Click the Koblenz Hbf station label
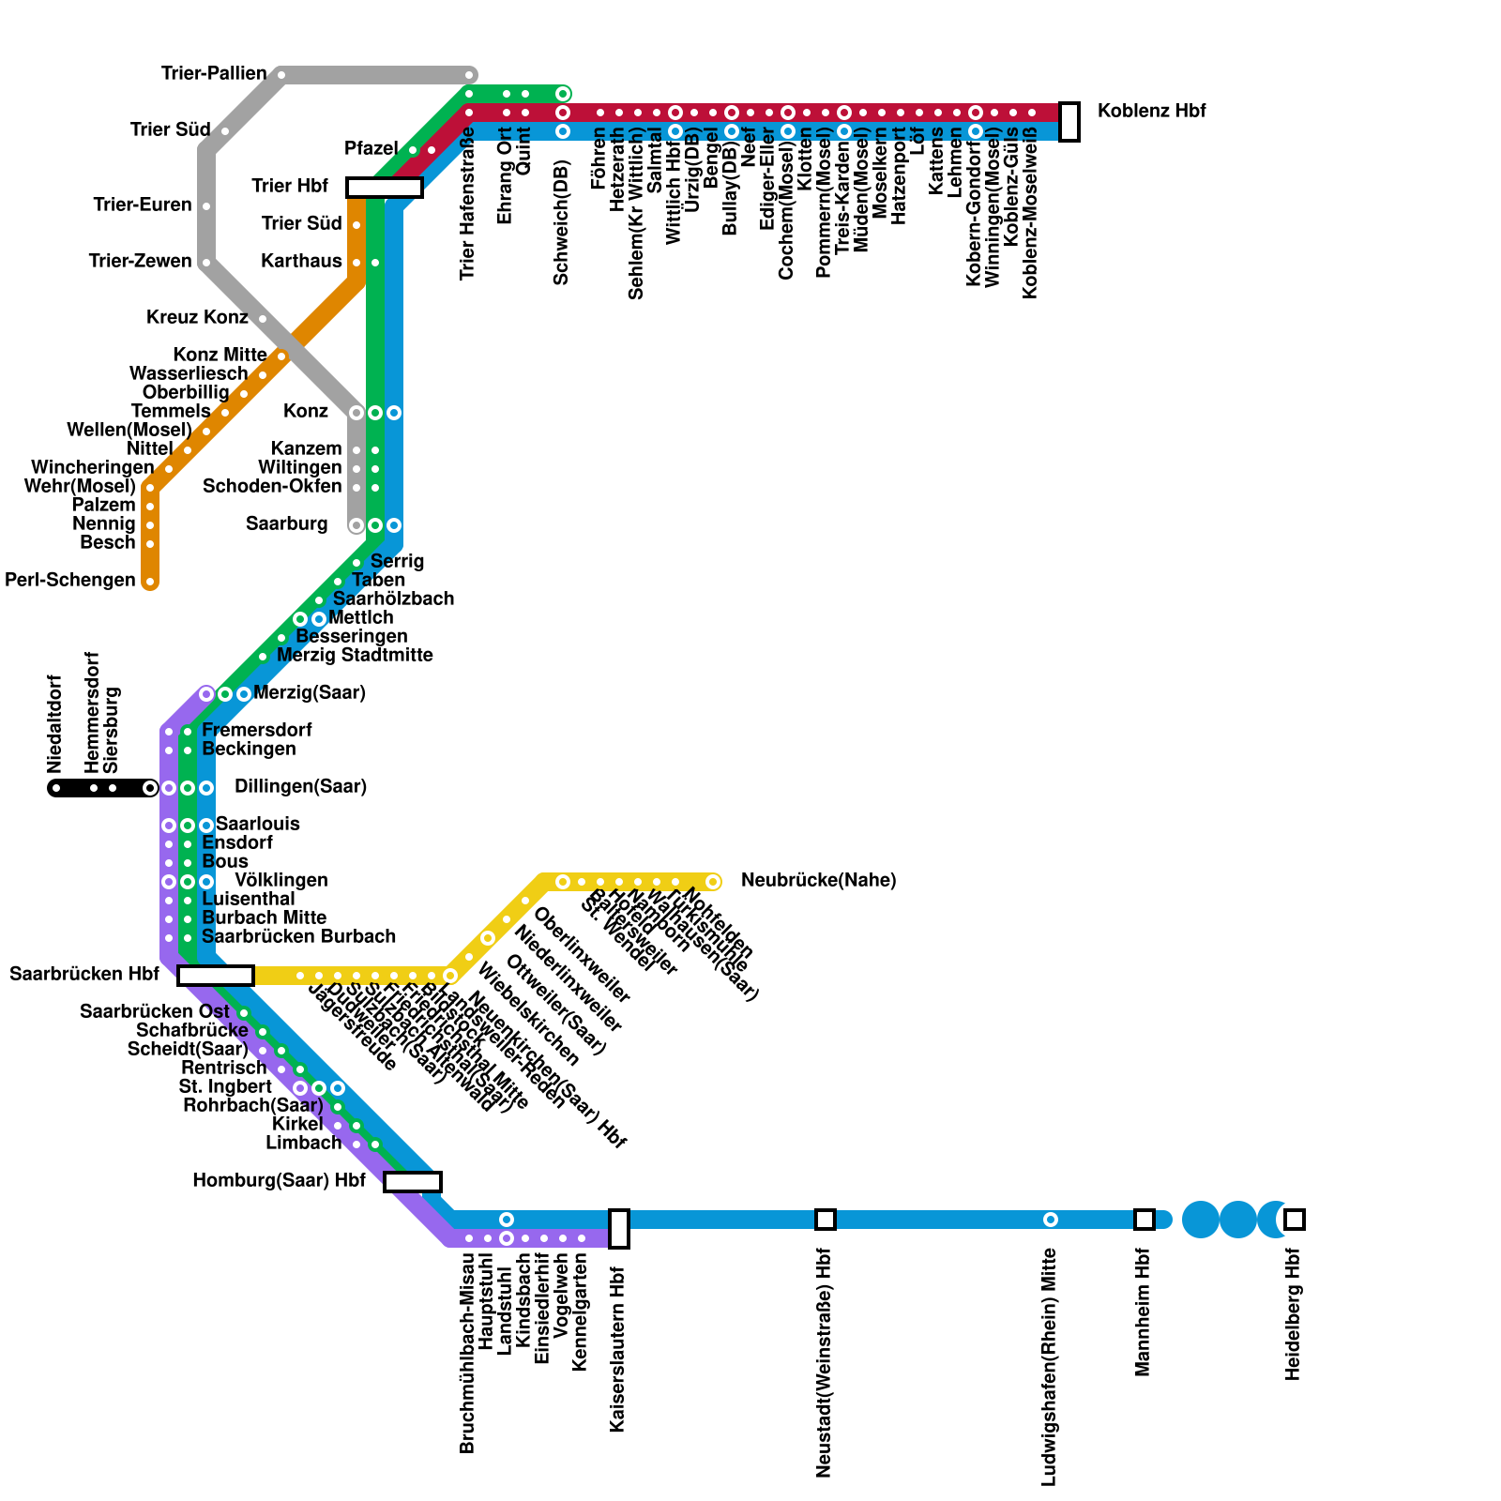1151,111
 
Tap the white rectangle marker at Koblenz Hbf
1069,122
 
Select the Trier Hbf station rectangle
384,188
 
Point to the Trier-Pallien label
214,73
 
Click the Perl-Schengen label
70,580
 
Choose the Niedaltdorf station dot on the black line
56,788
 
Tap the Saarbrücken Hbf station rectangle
215,976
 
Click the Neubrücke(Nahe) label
818,880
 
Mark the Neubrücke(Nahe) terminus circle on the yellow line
713,882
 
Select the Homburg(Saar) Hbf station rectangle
412,1182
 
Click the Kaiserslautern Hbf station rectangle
618,1228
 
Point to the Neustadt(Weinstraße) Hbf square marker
825,1220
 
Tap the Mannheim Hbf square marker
1144,1220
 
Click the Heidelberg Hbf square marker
1294,1220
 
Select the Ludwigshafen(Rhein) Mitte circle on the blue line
1051,1220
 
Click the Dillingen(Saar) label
300,786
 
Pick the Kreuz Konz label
197,317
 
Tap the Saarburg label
287,523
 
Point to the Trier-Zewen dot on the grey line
206,263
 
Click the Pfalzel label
371,148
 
